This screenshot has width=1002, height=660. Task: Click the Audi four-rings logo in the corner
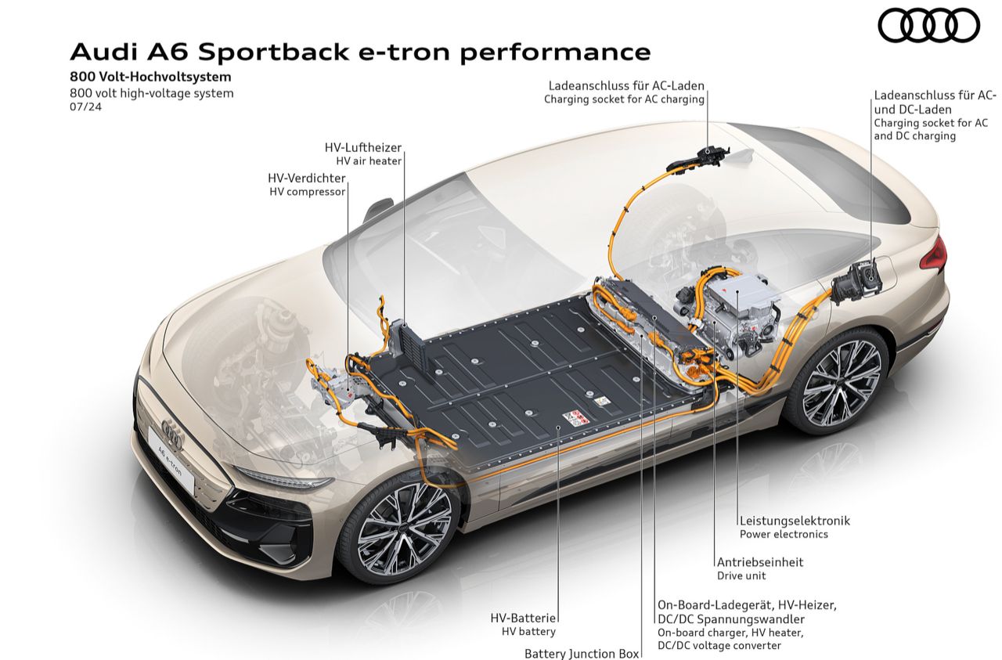928,25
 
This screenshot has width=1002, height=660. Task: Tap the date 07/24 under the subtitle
85,107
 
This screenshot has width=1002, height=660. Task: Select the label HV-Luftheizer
362,147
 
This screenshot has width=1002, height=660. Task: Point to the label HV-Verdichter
306,178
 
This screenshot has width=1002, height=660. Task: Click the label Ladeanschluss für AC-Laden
626,85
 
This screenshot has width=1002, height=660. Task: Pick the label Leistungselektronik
795,521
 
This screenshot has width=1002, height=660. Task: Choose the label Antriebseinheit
760,562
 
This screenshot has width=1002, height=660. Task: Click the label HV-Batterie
528,618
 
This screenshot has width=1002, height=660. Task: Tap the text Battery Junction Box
582,653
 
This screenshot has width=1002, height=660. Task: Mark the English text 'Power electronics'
784,535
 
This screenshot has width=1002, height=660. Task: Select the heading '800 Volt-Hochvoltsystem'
150,78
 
